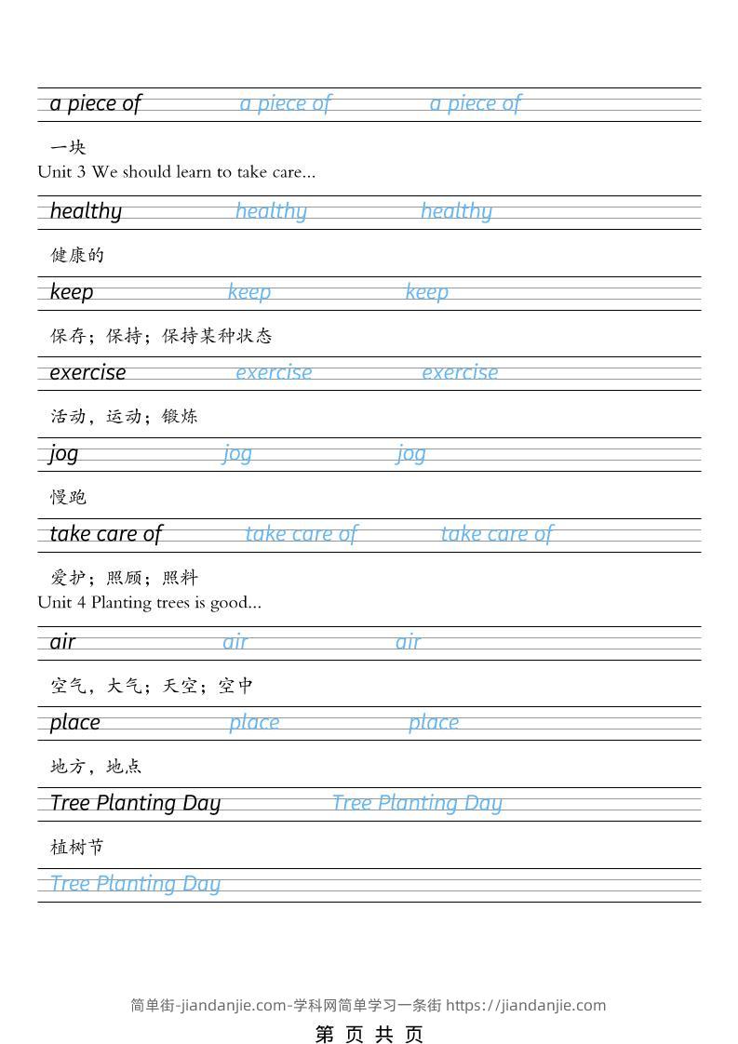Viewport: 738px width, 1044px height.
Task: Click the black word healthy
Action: pyautogui.click(x=86, y=211)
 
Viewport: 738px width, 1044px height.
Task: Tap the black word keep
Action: pyautogui.click(x=72, y=292)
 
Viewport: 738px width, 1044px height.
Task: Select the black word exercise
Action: pyautogui.click(x=87, y=372)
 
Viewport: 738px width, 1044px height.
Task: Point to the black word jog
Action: pyautogui.click(x=64, y=453)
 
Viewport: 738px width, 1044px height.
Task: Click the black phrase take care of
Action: pyautogui.click(x=105, y=534)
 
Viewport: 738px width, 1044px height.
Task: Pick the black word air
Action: pyautogui.click(x=62, y=642)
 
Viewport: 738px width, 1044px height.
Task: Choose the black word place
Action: pyautogui.click(x=74, y=722)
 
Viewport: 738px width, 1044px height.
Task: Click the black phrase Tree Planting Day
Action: pyautogui.click(x=135, y=803)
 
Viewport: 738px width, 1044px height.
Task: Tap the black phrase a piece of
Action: pyautogui.click(x=95, y=103)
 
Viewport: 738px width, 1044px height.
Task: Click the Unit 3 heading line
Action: pyautogui.click(x=177, y=172)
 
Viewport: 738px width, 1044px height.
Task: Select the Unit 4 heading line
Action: pyautogui.click(x=150, y=602)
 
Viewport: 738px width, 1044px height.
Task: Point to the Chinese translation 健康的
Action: pyautogui.click(x=77, y=255)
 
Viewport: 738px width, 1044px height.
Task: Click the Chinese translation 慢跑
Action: pyautogui.click(x=68, y=497)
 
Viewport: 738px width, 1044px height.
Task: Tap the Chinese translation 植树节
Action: pyautogui.click(x=77, y=847)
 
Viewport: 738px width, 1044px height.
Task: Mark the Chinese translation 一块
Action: pyautogui.click(x=68, y=147)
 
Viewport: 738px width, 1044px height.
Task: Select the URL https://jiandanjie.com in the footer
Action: pyautogui.click(x=526, y=1005)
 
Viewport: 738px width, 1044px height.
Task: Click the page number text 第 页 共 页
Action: pyautogui.click(x=369, y=1034)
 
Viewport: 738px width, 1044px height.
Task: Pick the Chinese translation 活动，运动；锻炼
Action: pyautogui.click(x=124, y=416)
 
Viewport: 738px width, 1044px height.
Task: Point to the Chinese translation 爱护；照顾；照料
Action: pyautogui.click(x=124, y=578)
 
